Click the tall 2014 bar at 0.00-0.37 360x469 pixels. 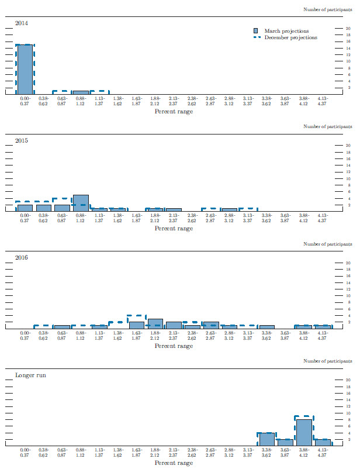tap(25, 69)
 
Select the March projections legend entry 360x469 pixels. tap(286, 31)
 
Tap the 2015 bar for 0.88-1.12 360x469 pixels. tap(81, 203)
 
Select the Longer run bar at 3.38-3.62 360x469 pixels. tap(266, 439)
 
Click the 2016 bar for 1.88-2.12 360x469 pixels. tap(155, 323)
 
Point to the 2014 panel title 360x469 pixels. tap(21, 23)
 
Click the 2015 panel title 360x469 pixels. tap(21, 140)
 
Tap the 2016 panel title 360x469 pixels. tap(21, 258)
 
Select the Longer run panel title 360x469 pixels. tap(30, 375)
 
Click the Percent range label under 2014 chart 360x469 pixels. tap(174, 111)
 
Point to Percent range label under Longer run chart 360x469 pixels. tap(174, 463)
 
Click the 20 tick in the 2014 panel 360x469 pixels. tap(349, 28)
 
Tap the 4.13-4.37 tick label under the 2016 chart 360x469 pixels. tap(322, 335)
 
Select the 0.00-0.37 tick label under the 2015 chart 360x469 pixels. tap(25, 218)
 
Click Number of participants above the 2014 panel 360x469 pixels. tap(328, 9)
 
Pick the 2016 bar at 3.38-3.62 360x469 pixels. tap(266, 327)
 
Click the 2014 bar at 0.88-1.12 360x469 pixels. tap(81, 92)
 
